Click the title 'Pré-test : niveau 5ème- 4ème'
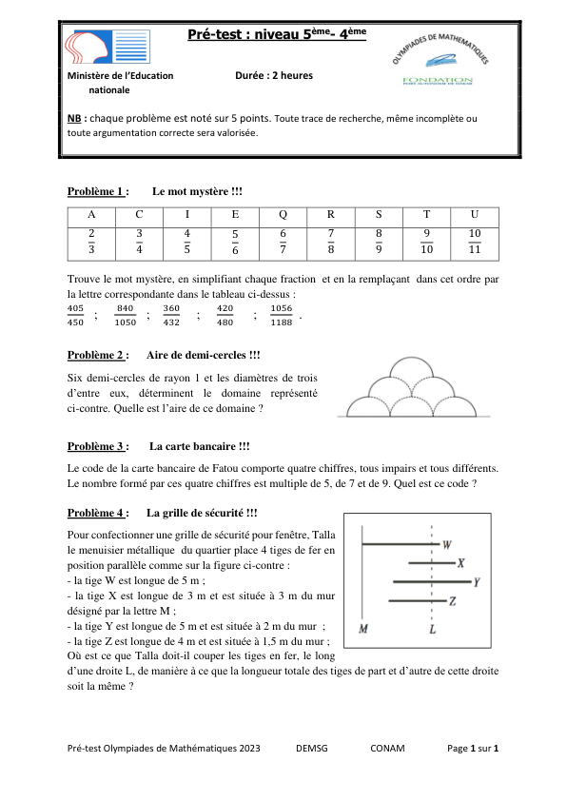coord(276,35)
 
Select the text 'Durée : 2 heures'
coord(273,75)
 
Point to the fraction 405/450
coord(76,314)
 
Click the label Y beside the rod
coord(476,580)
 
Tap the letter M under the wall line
coord(363,629)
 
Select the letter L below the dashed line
coord(432,629)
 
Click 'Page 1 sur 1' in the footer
coord(473,749)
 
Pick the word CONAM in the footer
coord(387,749)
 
